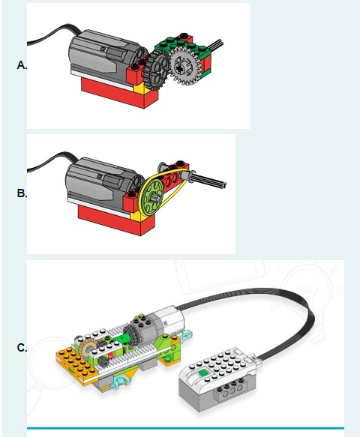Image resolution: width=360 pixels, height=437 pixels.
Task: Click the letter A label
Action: pos(22,65)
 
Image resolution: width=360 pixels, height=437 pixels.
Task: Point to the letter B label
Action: pos(22,193)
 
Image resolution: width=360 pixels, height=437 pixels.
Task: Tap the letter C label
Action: pos(22,348)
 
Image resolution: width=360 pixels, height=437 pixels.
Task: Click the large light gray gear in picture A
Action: pos(185,66)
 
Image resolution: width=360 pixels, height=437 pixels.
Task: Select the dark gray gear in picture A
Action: pos(157,70)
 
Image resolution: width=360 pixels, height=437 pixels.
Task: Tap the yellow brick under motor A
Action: pos(139,89)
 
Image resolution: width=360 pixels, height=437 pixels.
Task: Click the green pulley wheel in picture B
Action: pos(151,197)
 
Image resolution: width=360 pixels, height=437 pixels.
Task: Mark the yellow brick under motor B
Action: pos(136,217)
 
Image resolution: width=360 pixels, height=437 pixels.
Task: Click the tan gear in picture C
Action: pos(86,349)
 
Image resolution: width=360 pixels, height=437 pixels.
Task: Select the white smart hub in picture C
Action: pos(217,376)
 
